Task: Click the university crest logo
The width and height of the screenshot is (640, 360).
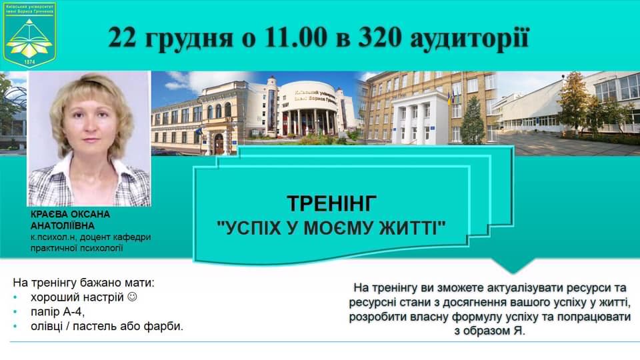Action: click(29, 34)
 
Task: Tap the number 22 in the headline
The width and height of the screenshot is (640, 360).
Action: click(122, 37)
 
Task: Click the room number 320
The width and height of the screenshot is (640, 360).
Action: click(379, 37)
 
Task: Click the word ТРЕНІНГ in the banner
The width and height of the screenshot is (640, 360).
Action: click(332, 203)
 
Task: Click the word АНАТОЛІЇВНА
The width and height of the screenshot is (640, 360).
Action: click(63, 226)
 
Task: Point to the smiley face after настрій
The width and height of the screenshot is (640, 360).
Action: click(132, 297)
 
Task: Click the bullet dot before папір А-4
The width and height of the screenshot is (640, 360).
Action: click(15, 312)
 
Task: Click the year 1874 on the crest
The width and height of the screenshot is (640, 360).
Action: click(29, 62)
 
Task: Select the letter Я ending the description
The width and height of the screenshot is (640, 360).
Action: click(517, 331)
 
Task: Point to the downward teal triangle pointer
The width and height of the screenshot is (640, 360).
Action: click(513, 266)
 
